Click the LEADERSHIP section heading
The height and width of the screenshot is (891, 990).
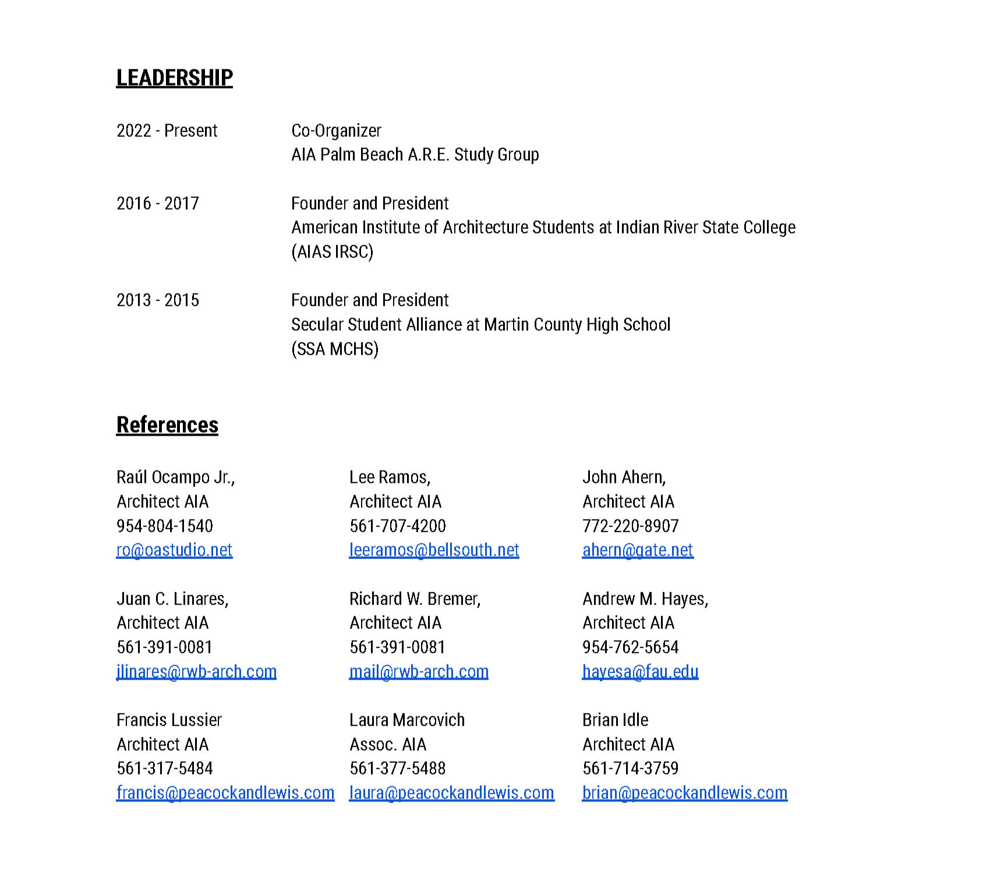(x=174, y=78)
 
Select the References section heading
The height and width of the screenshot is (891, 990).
(x=167, y=425)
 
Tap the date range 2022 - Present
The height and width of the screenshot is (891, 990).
(x=167, y=130)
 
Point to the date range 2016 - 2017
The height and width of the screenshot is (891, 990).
(x=158, y=203)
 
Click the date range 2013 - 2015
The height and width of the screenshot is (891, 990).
(x=158, y=300)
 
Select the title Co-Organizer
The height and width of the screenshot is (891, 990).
(x=336, y=130)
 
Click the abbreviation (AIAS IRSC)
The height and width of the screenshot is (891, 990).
(x=332, y=252)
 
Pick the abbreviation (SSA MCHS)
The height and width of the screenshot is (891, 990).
(x=335, y=349)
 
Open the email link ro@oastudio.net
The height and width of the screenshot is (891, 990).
(x=174, y=550)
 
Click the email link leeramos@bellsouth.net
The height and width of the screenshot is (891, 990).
(x=434, y=550)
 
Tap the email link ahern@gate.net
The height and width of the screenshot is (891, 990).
(x=638, y=550)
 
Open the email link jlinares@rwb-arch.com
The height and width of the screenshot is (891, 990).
(x=196, y=671)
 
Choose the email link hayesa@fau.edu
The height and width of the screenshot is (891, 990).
(x=640, y=671)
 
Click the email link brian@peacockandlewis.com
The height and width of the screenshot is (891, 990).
(x=685, y=793)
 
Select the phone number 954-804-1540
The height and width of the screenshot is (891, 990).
(x=165, y=526)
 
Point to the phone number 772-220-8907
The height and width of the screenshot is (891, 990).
(x=631, y=526)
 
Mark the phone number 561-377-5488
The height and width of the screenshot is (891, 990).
(x=398, y=768)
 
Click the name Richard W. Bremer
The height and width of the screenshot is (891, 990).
(x=415, y=599)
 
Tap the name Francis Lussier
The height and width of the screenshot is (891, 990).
(x=169, y=720)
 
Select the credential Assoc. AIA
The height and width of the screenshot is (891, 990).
(x=388, y=744)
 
